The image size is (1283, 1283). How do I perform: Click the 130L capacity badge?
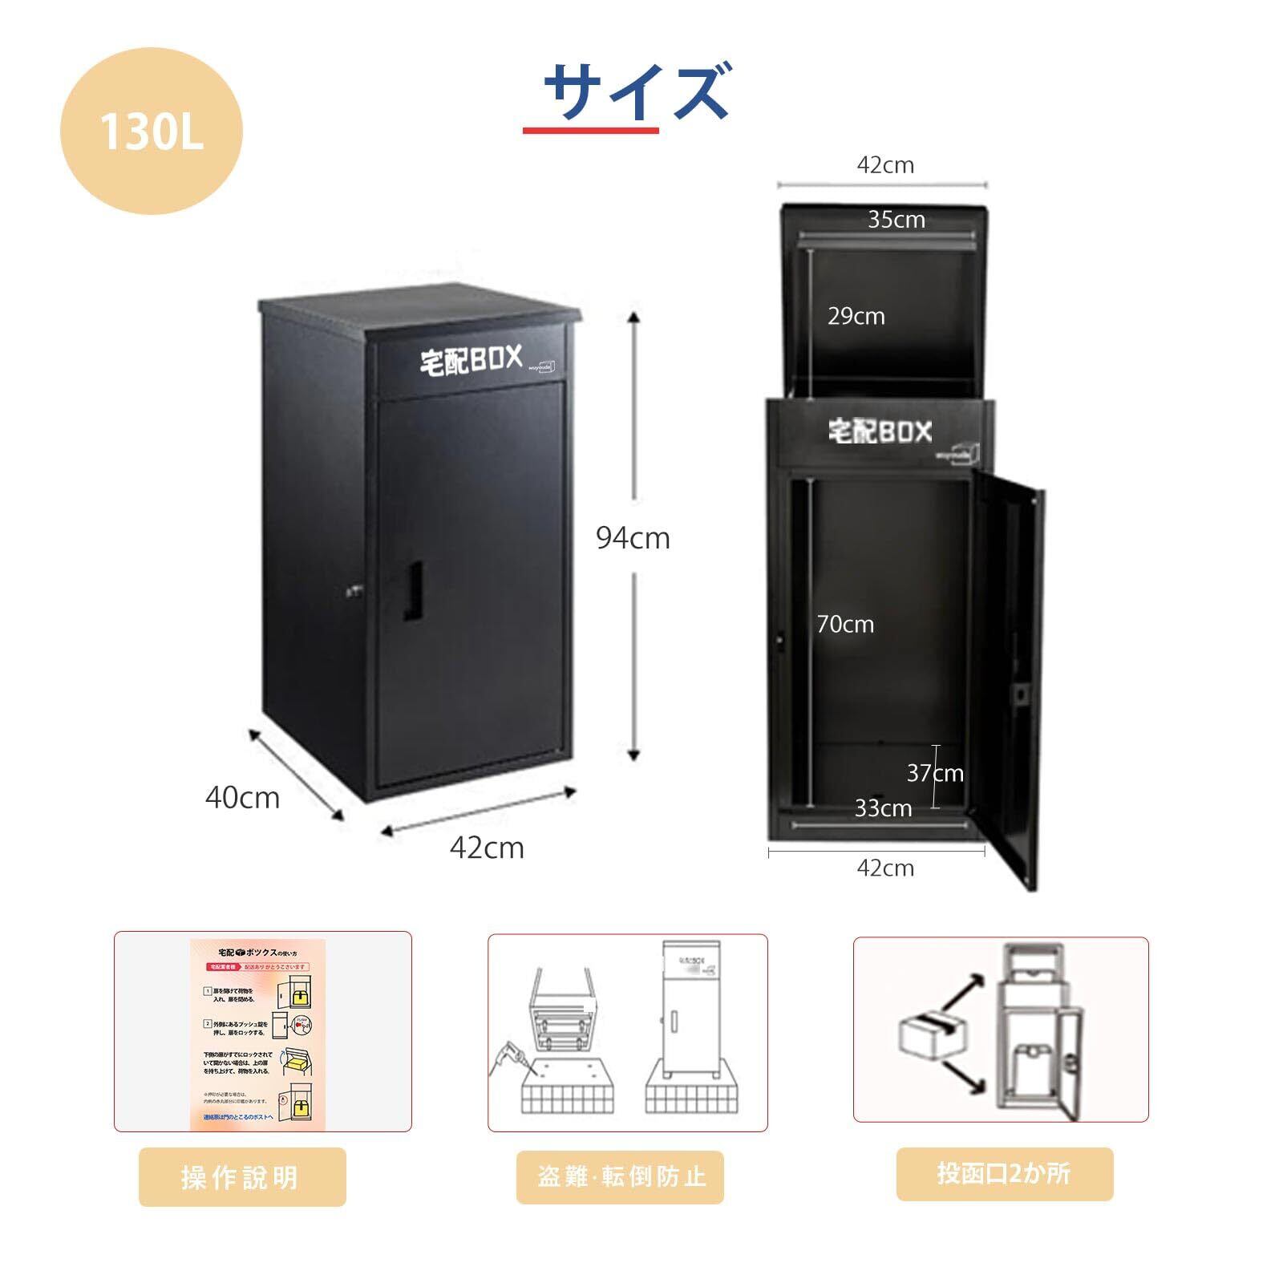point(151,132)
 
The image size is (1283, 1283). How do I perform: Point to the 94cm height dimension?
point(633,538)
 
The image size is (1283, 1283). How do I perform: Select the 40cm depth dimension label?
point(242,798)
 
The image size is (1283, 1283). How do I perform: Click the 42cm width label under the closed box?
point(487,848)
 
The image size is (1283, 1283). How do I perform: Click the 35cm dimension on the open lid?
point(896,220)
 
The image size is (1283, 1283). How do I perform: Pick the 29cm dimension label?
point(856,316)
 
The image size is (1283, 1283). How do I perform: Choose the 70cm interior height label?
point(845,624)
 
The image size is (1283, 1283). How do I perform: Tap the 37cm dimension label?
point(935,773)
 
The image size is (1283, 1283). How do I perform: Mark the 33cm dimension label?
point(883,808)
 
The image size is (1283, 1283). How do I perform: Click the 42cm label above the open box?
point(885,165)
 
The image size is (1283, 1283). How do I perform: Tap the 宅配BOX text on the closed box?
point(472,361)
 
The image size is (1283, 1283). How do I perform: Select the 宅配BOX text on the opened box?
point(880,432)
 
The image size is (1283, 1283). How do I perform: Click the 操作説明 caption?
point(241,1177)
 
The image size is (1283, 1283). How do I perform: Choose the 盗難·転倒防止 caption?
point(620,1176)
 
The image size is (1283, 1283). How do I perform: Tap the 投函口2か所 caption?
point(1004,1173)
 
